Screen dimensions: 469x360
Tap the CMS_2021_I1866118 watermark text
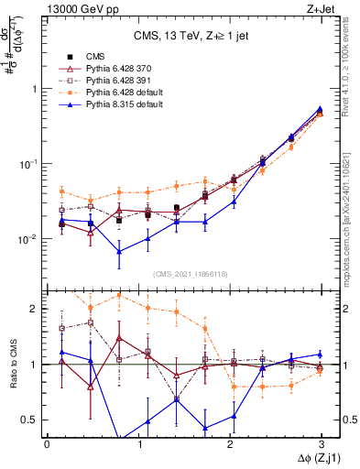click(x=184, y=273)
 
